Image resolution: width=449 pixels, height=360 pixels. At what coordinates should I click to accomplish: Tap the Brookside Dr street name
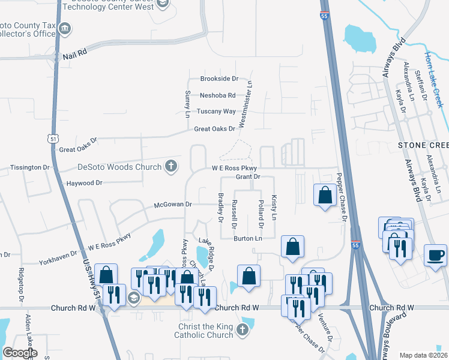coord(219,79)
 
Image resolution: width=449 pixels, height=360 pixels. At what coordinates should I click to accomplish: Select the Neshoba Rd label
coord(217,95)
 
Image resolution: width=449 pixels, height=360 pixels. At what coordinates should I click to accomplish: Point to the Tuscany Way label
coord(217,111)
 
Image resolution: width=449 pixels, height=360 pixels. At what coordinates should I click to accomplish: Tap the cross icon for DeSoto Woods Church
coord(171,167)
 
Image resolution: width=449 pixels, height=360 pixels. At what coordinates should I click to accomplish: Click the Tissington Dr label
coord(29,167)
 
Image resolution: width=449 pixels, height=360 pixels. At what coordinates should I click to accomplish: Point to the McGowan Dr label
coord(172,205)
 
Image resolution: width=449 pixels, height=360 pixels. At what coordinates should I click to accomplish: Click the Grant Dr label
coord(247,176)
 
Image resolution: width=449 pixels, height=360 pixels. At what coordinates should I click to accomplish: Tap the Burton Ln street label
coord(248,238)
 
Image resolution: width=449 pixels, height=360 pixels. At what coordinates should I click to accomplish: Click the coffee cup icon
coord(436,254)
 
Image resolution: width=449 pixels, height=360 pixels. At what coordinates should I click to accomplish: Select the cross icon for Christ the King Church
coord(242,329)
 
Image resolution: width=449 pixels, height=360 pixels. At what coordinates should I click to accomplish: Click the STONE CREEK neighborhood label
coord(423,146)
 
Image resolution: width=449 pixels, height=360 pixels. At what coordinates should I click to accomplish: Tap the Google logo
coord(20,353)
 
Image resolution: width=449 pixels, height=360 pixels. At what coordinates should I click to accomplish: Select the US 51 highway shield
coord(52,139)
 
